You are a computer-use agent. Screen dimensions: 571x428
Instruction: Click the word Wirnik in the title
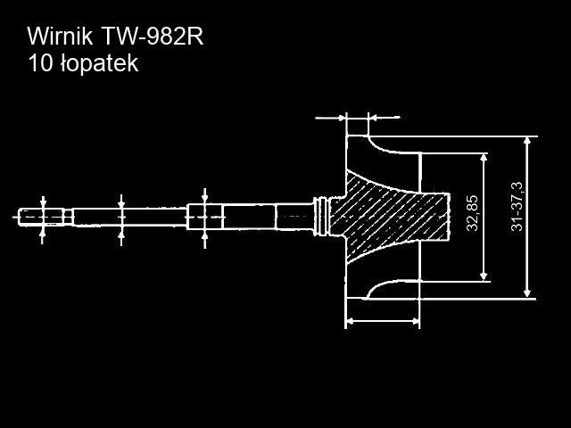(60, 37)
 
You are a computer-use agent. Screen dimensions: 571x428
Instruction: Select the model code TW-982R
(152, 37)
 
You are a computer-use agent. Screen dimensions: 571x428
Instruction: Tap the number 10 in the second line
(41, 63)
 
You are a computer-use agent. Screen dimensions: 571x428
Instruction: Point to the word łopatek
(99, 64)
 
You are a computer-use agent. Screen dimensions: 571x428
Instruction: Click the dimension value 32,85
(472, 213)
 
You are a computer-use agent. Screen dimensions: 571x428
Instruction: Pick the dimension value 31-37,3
(517, 206)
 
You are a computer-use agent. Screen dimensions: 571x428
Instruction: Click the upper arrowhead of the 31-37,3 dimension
(526, 141)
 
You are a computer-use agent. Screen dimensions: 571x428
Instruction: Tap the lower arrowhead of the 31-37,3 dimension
(526, 293)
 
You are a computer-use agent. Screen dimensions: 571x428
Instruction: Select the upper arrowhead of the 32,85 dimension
(484, 159)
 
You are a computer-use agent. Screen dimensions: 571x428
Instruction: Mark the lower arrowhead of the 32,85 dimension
(484, 276)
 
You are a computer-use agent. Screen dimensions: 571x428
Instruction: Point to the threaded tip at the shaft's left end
(41, 218)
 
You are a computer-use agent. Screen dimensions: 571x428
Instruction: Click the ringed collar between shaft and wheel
(321, 217)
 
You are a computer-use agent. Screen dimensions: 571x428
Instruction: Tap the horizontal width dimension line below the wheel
(383, 321)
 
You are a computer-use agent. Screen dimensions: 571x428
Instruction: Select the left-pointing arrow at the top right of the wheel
(385, 118)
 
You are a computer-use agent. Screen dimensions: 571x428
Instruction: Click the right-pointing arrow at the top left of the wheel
(330, 118)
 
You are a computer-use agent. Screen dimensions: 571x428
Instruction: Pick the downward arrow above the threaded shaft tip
(43, 202)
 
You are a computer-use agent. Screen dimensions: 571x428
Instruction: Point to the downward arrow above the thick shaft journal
(204, 196)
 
